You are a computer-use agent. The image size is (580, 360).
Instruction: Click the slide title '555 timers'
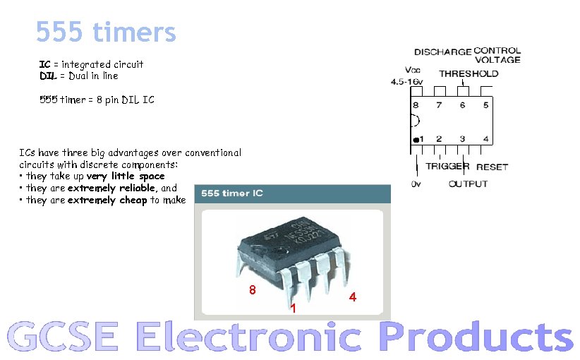click(x=106, y=32)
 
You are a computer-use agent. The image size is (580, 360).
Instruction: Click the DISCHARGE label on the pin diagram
click(x=442, y=52)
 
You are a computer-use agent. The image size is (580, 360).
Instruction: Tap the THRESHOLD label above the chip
click(x=469, y=73)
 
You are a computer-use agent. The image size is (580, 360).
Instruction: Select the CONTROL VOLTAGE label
click(x=497, y=55)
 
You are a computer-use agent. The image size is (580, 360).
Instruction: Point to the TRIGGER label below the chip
click(x=447, y=167)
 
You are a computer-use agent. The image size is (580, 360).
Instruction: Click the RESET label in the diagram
click(x=492, y=167)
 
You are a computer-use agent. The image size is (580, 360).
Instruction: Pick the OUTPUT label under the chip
click(x=468, y=184)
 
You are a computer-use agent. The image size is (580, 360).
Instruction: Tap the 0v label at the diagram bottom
click(x=416, y=184)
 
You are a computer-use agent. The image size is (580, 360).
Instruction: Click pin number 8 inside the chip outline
click(x=416, y=105)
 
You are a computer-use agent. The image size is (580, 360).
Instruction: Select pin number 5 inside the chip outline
click(x=485, y=105)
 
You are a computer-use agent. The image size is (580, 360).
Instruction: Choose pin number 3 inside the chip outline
click(x=462, y=139)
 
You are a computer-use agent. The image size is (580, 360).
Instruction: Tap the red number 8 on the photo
click(x=252, y=290)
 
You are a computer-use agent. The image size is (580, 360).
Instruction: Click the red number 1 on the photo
click(x=293, y=308)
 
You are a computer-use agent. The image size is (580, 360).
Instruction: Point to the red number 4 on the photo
click(x=353, y=297)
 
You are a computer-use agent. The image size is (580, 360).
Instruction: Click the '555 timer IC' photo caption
click(x=232, y=193)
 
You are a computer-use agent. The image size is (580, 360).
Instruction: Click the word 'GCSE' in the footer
click(x=63, y=337)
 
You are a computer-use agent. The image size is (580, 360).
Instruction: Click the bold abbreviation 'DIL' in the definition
click(x=47, y=76)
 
